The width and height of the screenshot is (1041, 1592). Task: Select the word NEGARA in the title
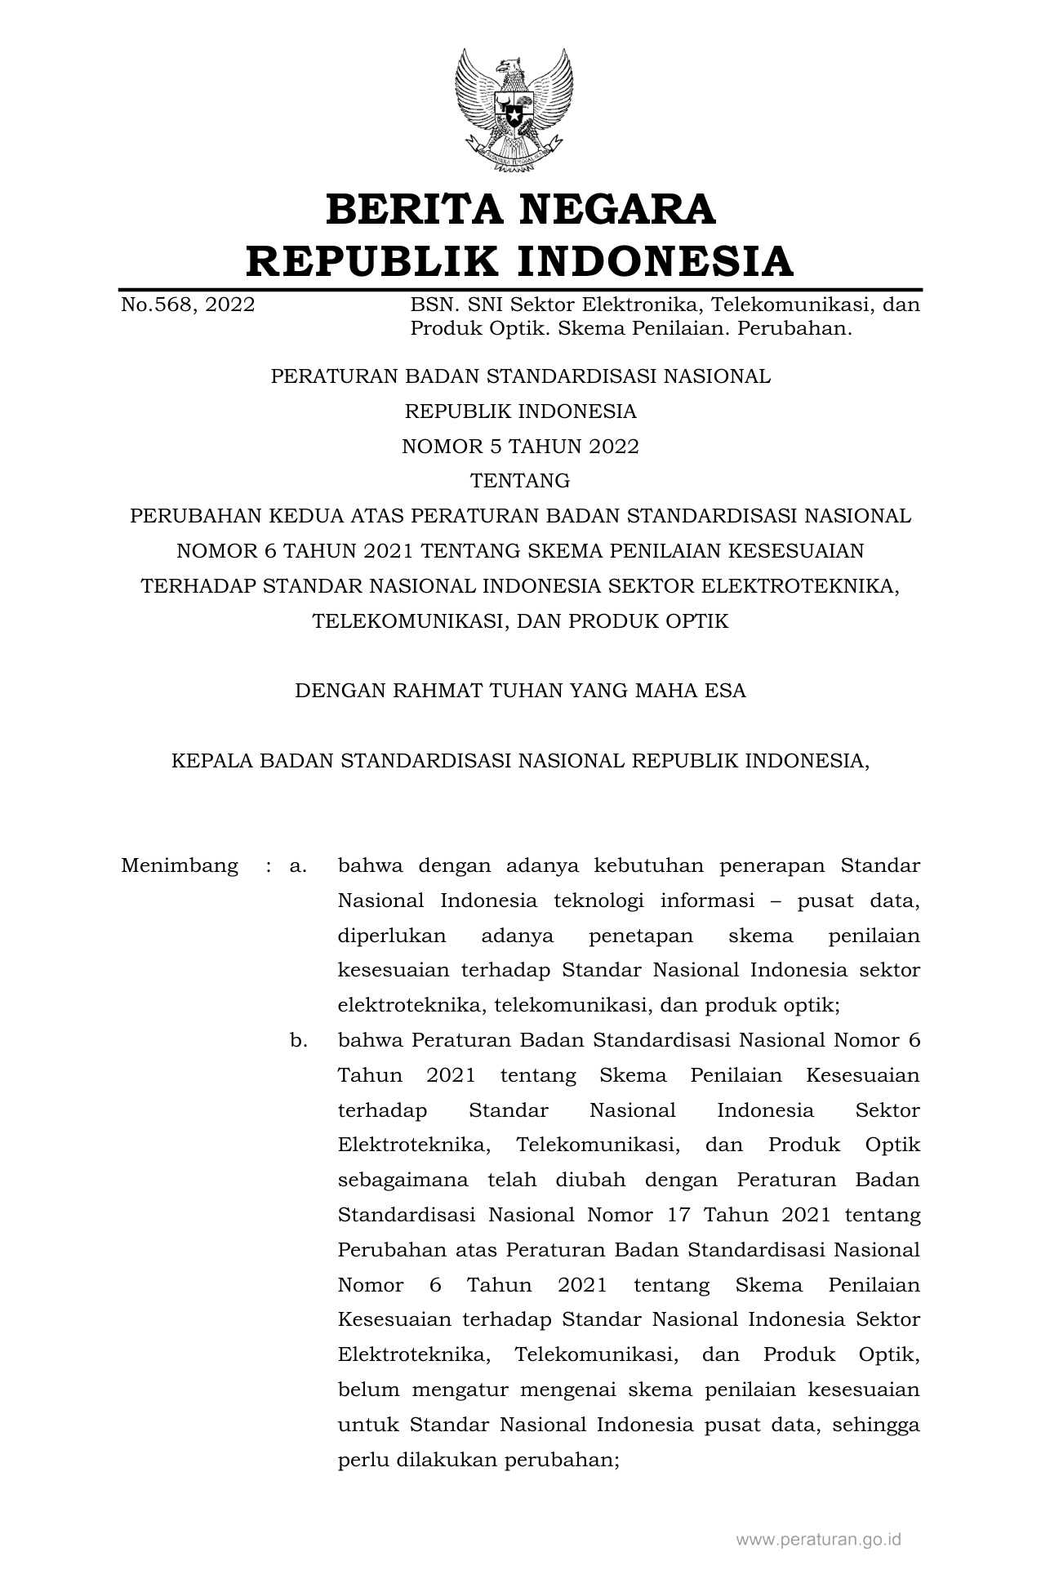click(x=617, y=209)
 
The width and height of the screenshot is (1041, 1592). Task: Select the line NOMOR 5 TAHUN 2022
click(x=520, y=447)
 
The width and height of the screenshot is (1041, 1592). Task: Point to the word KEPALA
click(x=208, y=761)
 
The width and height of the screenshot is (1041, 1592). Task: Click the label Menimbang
click(x=180, y=865)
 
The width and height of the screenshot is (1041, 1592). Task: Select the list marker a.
click(x=298, y=865)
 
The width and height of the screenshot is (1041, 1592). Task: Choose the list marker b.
click(x=298, y=1041)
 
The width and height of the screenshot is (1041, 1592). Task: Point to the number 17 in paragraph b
click(x=678, y=1216)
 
